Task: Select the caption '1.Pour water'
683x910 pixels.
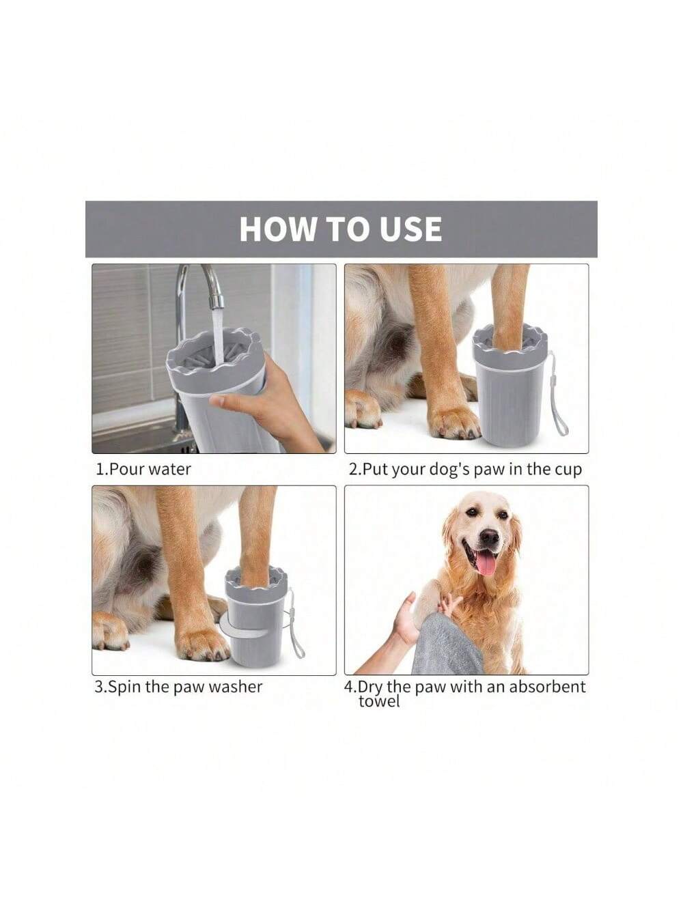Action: [x=143, y=469]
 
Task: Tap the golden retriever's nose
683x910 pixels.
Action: [x=489, y=537]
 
